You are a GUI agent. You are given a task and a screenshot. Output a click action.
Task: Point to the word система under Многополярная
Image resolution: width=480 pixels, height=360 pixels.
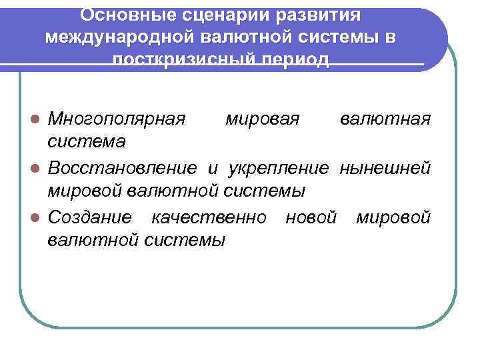[x=87, y=142]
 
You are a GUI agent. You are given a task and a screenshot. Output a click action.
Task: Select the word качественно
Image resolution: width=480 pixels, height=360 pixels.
[x=209, y=217]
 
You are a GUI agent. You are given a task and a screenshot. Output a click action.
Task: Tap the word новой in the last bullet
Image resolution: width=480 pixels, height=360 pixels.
[x=309, y=217]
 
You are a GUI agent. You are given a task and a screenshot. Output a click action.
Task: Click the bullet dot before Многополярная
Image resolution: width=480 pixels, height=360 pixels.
[x=38, y=120]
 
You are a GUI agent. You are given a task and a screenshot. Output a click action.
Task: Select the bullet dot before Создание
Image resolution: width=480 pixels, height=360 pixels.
[x=38, y=217]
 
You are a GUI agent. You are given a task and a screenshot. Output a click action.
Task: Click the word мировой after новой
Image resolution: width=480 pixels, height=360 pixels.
[x=393, y=217]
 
